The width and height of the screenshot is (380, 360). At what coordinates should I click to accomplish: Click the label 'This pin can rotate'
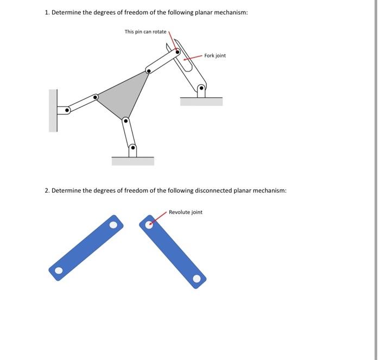click(145, 32)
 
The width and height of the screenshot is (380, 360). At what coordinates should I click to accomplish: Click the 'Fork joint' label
click(215, 55)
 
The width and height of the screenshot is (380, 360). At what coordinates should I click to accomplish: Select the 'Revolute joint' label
click(185, 212)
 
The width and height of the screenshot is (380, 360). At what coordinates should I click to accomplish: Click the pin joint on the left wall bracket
click(67, 110)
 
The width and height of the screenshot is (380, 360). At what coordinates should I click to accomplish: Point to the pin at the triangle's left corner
click(96, 97)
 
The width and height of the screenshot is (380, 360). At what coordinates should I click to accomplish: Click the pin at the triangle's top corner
click(148, 70)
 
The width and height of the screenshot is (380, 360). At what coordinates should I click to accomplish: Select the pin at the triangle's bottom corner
click(125, 121)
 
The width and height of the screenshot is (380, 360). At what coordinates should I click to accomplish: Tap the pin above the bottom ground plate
click(132, 147)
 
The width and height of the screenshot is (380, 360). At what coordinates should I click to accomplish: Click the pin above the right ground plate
click(201, 87)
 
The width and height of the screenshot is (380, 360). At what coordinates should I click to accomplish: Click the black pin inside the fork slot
click(177, 52)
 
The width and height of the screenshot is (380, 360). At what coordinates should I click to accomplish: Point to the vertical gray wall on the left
click(53, 111)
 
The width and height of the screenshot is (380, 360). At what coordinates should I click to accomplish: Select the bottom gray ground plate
click(132, 161)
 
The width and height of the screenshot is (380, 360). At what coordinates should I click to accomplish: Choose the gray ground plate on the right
click(201, 102)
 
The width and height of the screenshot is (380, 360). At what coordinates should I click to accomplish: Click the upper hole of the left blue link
click(113, 224)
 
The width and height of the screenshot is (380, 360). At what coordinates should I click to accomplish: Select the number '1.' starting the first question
click(47, 12)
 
